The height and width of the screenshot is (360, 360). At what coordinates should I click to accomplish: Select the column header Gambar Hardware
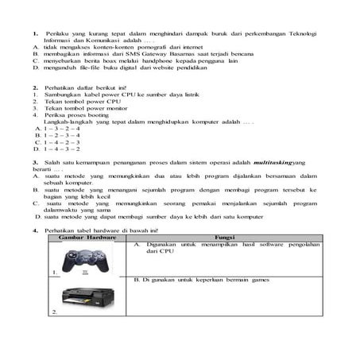coord(83,237)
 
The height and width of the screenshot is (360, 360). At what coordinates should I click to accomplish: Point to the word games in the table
coord(259,280)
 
